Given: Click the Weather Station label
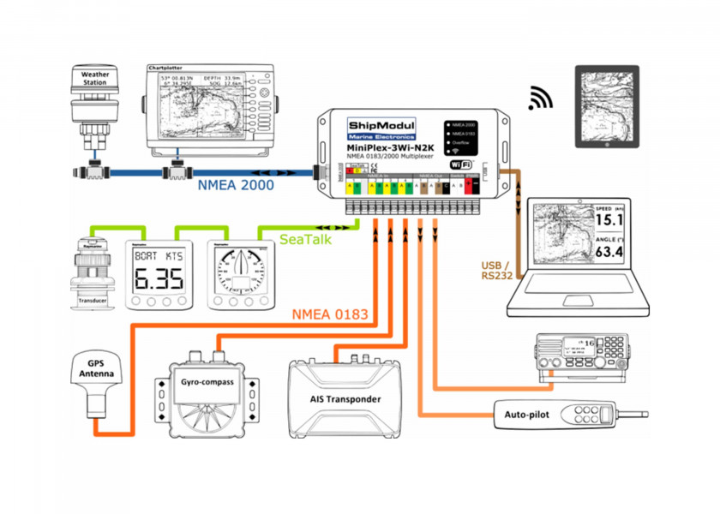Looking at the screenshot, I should pyautogui.click(x=94, y=79).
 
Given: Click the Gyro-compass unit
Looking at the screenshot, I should pyautogui.click(x=204, y=382).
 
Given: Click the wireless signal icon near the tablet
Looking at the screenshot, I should pyautogui.click(x=540, y=98).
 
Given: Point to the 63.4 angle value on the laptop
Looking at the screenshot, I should pyautogui.click(x=609, y=252).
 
